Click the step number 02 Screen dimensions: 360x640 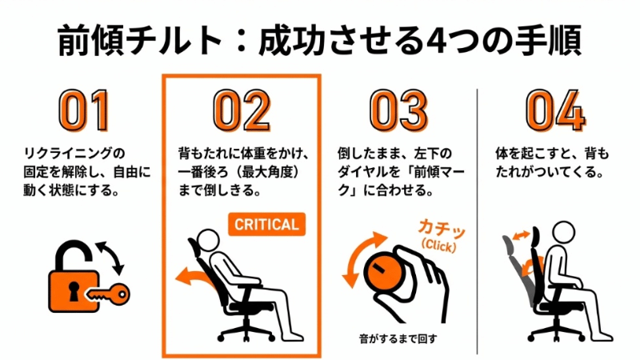(x=241, y=112)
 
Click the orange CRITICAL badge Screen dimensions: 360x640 (x=267, y=223)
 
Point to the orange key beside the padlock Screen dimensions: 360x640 (x=107, y=293)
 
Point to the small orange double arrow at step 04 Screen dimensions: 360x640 (x=518, y=234)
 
